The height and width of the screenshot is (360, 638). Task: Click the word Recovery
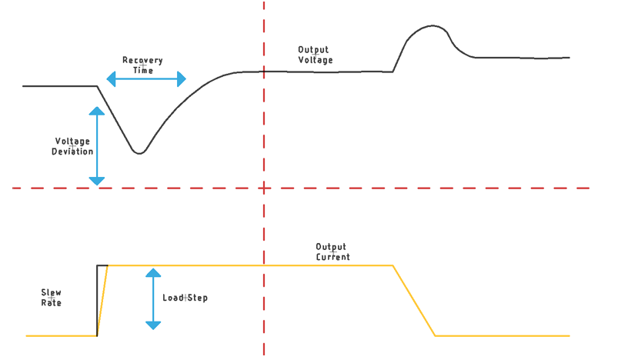click(x=142, y=60)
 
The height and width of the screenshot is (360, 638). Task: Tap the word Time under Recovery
click(x=143, y=70)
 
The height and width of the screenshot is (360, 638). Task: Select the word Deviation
click(x=72, y=152)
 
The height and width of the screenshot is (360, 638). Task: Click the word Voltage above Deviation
click(x=72, y=142)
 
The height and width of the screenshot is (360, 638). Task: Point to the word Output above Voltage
click(x=313, y=50)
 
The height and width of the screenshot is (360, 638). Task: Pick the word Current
click(x=332, y=257)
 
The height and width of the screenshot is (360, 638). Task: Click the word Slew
click(x=52, y=292)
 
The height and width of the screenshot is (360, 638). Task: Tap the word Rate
click(x=52, y=302)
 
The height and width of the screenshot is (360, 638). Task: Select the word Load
click(x=173, y=298)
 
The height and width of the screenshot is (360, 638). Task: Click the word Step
click(x=197, y=298)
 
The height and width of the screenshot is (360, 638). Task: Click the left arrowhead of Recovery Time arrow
click(x=111, y=79)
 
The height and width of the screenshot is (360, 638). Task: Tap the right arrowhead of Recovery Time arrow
click(x=182, y=79)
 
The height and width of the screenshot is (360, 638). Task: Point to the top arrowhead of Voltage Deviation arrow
click(x=97, y=111)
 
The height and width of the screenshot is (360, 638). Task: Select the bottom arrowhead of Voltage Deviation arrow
click(x=97, y=181)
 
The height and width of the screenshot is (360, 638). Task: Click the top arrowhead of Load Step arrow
click(x=153, y=272)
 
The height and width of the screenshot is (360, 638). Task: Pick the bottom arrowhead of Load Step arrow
click(x=153, y=325)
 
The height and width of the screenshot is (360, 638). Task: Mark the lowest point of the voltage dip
click(x=139, y=153)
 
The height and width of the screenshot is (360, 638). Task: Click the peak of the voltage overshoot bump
click(x=432, y=26)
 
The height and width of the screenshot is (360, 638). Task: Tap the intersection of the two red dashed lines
click(x=264, y=188)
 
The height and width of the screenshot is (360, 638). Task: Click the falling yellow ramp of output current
click(x=414, y=301)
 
